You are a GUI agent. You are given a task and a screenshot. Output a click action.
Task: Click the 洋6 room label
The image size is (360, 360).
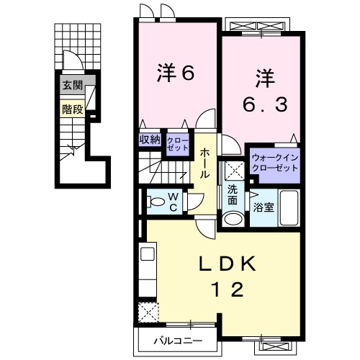coord(176,73)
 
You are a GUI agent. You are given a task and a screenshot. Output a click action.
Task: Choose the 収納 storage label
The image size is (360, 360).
coord(150,140)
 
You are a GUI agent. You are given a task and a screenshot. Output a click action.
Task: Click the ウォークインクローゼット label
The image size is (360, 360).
coord(274,162)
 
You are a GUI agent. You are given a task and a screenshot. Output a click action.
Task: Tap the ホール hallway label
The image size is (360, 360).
coord(205,163)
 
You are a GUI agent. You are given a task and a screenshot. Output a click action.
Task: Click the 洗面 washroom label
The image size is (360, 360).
coord(233,194)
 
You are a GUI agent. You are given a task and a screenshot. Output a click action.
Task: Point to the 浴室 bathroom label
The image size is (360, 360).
coord(261,207)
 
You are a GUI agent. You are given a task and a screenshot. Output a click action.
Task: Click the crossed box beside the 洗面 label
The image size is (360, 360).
coord(233,171)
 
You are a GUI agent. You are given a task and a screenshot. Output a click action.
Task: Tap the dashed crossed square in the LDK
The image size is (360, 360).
coord(148,312)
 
